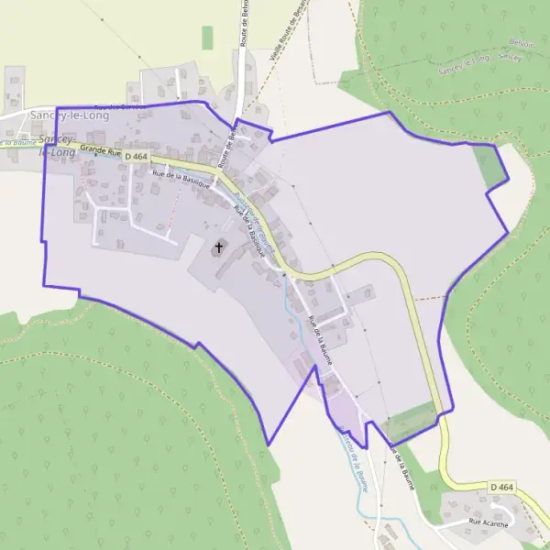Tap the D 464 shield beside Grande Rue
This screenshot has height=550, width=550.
point(134,158)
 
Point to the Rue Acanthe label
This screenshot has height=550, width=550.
point(487,522)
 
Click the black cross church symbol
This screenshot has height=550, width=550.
point(219,247)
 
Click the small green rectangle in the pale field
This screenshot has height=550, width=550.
point(207,37)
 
